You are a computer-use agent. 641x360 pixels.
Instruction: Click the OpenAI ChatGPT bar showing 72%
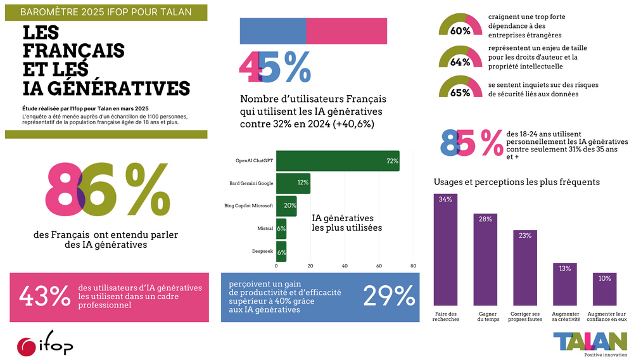pos(338,161)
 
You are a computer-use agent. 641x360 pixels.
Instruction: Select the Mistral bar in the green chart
pos(281,229)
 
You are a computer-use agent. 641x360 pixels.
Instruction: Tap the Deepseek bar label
pos(262,251)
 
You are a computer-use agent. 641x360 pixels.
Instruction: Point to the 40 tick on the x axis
pos(345,266)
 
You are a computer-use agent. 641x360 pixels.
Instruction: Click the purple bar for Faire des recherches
pos(445,250)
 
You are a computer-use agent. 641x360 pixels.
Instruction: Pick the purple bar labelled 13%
pos(565,285)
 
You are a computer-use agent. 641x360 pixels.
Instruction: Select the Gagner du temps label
pos(488,317)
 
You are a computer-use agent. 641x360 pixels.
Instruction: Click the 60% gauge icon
pos(460,26)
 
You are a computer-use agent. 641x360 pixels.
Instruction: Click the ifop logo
pos(45,344)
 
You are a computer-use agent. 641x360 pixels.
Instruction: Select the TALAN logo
pos(590,343)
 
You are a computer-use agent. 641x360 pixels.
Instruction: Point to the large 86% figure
pos(108,189)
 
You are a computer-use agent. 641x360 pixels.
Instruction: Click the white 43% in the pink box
pos(44,296)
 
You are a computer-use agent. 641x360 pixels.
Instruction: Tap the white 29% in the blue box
pos(389,296)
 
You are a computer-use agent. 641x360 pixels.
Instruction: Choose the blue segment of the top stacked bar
pos(273,31)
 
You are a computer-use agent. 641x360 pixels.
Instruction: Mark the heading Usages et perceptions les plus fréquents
pos(517,182)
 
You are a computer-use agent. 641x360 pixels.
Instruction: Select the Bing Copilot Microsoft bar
pos(286,206)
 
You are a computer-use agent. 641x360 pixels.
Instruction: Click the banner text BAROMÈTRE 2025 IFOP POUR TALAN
pos(106,12)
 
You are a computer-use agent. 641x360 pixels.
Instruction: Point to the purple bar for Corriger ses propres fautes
pos(525,268)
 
